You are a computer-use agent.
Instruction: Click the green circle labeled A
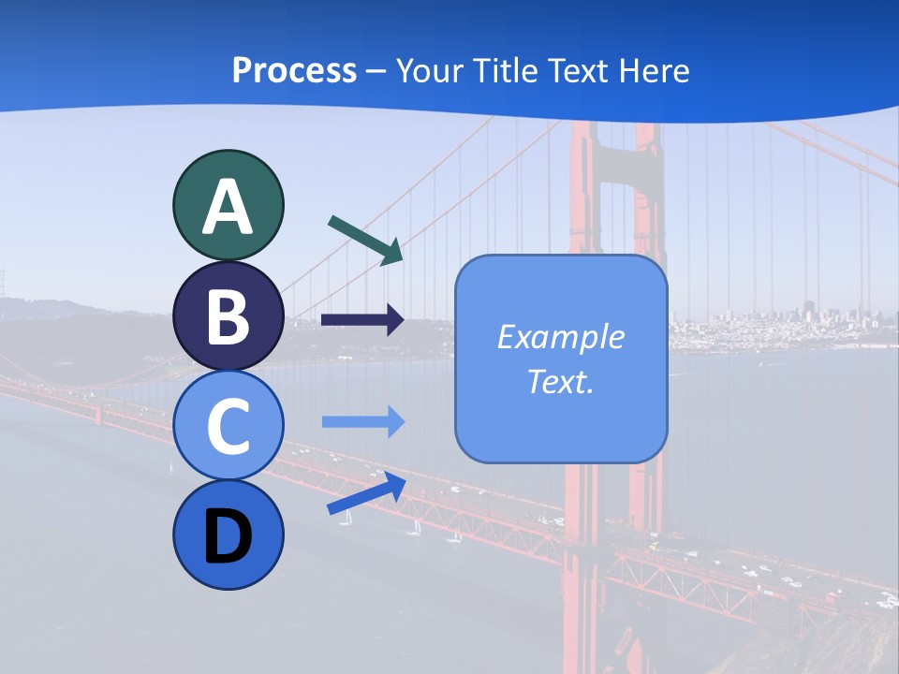(x=228, y=205)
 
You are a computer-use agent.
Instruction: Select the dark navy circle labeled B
(x=228, y=315)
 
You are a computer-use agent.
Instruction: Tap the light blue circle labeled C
(x=228, y=425)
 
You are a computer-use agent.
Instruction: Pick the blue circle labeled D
(x=228, y=535)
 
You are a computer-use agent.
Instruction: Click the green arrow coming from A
(x=365, y=240)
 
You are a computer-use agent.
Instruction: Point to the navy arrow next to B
(x=362, y=320)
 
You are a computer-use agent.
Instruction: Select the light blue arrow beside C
(x=363, y=422)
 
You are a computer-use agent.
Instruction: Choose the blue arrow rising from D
(x=366, y=493)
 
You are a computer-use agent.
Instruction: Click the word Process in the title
(x=294, y=70)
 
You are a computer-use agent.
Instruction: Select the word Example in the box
(x=560, y=337)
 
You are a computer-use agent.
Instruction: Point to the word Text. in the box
(x=560, y=381)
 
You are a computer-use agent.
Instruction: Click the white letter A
(x=228, y=207)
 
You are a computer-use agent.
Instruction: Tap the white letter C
(x=228, y=427)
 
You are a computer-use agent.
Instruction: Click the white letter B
(x=228, y=317)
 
